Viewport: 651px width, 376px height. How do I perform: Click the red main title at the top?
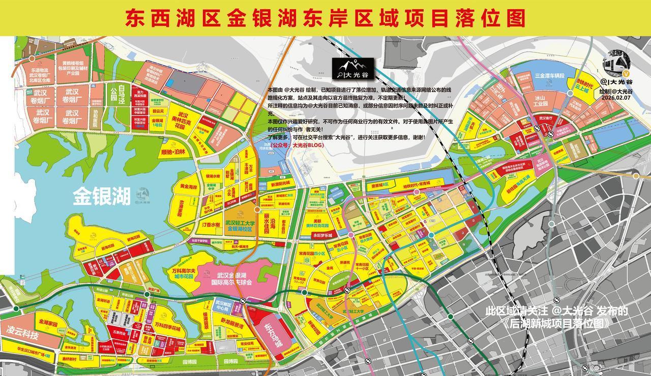click(325, 18)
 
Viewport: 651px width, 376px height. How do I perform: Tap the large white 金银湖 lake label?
click(101, 196)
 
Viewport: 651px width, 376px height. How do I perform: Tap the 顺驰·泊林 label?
click(173, 152)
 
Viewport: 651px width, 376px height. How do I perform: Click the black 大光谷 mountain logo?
click(352, 69)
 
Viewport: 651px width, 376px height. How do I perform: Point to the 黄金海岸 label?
click(188, 187)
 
